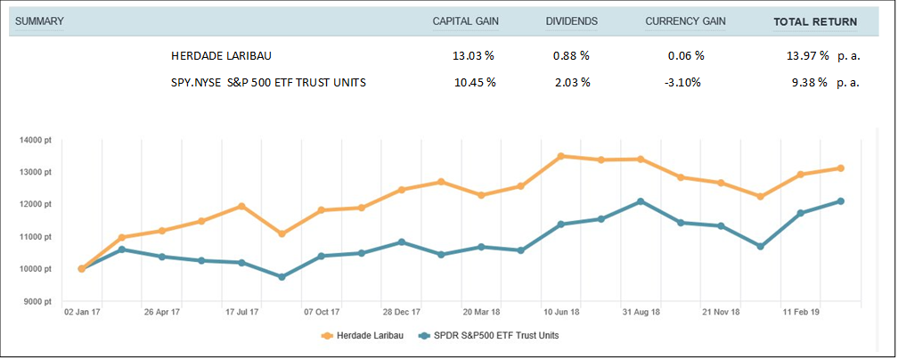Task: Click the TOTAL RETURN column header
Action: [x=815, y=21]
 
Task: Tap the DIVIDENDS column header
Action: [x=571, y=21]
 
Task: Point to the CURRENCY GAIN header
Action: [x=685, y=21]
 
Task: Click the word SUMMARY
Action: [x=39, y=21]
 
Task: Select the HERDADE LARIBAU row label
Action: [x=221, y=55]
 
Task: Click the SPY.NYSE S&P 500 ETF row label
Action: [x=268, y=83]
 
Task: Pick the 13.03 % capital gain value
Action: [x=473, y=55]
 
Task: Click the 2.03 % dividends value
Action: [x=571, y=83]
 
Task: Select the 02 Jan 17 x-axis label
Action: [x=82, y=313]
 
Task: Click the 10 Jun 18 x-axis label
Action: [x=561, y=313]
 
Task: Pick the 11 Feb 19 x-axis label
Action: [x=801, y=313]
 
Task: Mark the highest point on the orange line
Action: [x=561, y=156]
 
